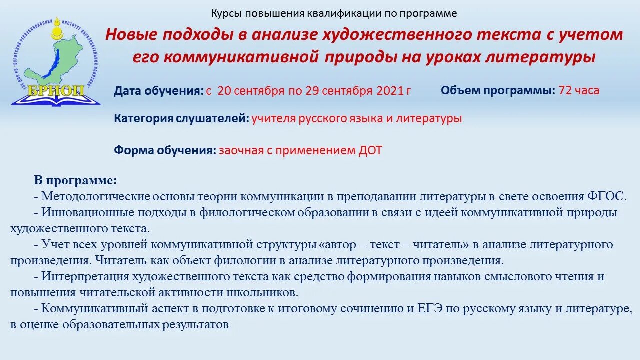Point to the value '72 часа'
(x=579, y=90)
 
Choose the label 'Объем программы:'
(x=498, y=90)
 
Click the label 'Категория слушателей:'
(x=181, y=119)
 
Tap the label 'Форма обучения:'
(x=165, y=150)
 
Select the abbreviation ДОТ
(x=370, y=150)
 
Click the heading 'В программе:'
(x=75, y=180)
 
